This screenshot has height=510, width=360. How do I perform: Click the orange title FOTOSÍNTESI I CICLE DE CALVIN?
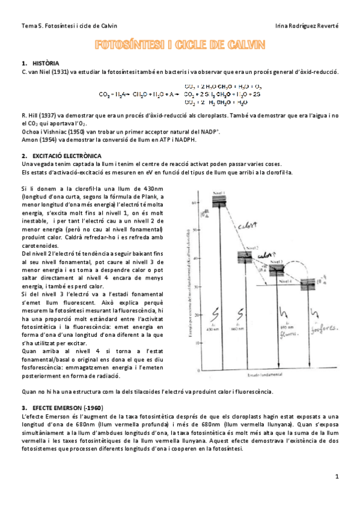coord(180,46)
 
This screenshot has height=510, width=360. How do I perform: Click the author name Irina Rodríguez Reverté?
coord(307,26)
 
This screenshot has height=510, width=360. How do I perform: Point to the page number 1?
coord(337,476)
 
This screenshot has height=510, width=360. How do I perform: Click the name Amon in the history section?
coord(29,140)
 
